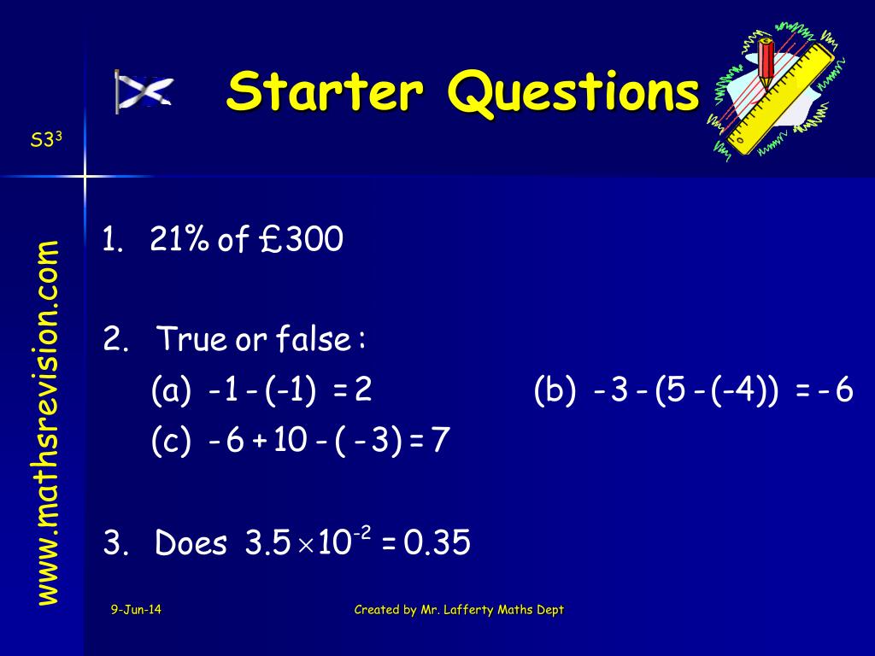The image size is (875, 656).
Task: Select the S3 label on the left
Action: [42, 140]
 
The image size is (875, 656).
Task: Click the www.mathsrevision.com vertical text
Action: [47, 423]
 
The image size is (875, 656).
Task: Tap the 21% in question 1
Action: [179, 241]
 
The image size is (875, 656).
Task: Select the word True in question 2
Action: [192, 341]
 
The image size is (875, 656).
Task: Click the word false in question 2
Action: [313, 341]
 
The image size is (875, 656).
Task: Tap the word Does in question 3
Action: [191, 543]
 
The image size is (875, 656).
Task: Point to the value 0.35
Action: [437, 543]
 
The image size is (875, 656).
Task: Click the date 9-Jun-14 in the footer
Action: [136, 609]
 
